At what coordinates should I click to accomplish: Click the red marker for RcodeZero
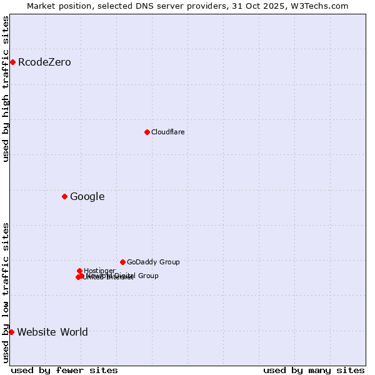(x=12, y=62)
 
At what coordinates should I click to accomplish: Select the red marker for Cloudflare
(x=147, y=132)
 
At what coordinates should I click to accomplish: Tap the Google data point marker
(x=64, y=196)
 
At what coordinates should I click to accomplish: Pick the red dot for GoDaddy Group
(x=122, y=262)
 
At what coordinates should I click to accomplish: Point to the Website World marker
(x=11, y=332)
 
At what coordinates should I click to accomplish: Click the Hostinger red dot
(x=79, y=271)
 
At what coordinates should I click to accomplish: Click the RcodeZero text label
(x=44, y=62)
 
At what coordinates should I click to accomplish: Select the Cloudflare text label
(x=167, y=132)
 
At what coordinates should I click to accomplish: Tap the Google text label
(x=87, y=196)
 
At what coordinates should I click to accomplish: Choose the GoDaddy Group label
(x=153, y=262)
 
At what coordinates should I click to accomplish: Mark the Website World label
(x=52, y=332)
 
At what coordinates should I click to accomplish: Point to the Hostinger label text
(x=99, y=271)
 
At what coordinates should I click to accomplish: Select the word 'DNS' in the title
(x=157, y=6)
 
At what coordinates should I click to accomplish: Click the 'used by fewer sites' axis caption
(x=64, y=370)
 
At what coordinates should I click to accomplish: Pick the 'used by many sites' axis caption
(x=314, y=370)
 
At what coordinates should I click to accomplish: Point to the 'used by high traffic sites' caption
(x=6, y=89)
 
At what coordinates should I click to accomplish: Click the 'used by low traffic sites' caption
(x=6, y=292)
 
